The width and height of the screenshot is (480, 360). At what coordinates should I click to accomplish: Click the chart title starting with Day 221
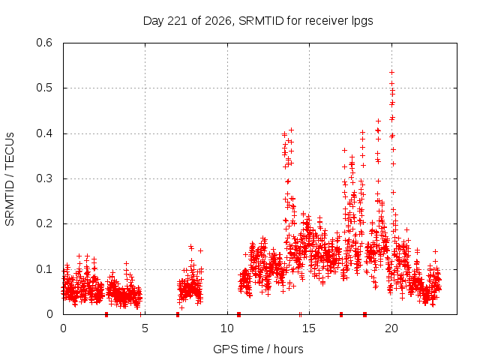click(x=258, y=21)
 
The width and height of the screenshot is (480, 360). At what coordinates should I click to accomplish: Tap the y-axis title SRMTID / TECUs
click(x=10, y=179)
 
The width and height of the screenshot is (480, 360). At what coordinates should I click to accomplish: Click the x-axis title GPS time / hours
click(x=258, y=349)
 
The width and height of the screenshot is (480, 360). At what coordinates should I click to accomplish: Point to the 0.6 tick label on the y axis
click(x=44, y=43)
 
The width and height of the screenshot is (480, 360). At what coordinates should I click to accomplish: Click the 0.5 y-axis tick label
click(x=44, y=88)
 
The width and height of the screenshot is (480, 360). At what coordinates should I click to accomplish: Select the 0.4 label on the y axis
click(x=44, y=133)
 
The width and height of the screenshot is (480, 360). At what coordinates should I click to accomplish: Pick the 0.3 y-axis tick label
click(x=44, y=178)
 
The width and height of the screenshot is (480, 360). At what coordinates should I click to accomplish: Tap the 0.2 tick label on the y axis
click(x=44, y=223)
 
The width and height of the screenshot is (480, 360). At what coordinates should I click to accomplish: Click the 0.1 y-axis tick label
click(x=44, y=269)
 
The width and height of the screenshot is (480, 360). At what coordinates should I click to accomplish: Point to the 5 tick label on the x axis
click(x=145, y=328)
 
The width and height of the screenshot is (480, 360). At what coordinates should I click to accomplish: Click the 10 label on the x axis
click(x=227, y=328)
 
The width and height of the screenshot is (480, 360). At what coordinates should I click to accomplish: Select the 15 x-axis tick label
click(x=309, y=328)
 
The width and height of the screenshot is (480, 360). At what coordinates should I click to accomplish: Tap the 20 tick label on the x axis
click(x=391, y=328)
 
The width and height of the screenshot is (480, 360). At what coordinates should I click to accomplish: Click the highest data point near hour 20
click(x=391, y=72)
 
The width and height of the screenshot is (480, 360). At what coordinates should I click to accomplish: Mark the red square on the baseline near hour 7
click(x=178, y=314)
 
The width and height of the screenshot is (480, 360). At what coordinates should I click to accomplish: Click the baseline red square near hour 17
click(x=341, y=314)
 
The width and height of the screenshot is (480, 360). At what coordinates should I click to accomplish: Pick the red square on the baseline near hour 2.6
click(x=106, y=314)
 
